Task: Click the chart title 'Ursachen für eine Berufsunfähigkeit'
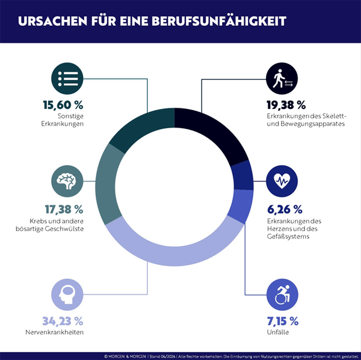coord(152,21)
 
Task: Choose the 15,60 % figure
coord(63,104)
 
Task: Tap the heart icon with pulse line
coord(282,180)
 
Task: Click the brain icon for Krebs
coord(67,180)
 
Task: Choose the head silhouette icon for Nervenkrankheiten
coord(67,293)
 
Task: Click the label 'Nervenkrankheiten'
coord(63,332)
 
